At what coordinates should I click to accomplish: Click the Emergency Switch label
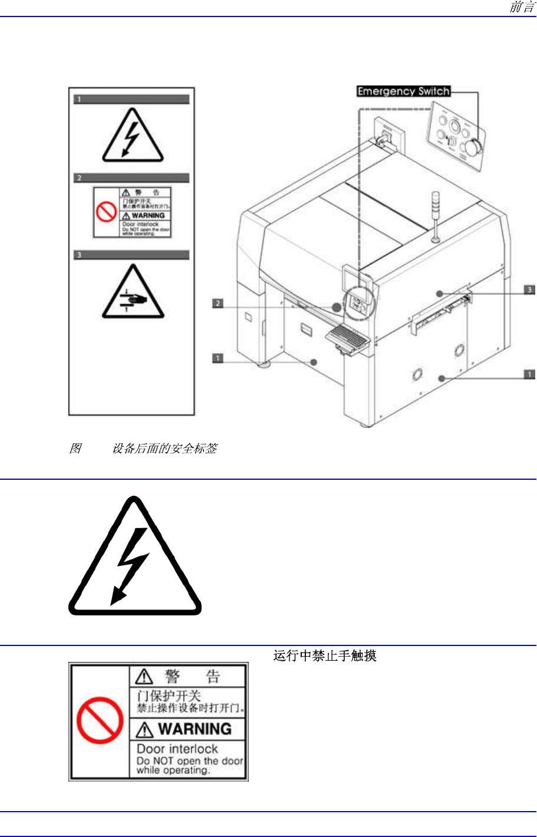[404, 91]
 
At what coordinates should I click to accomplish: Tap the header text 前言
[522, 8]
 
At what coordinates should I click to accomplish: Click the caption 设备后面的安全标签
[164, 449]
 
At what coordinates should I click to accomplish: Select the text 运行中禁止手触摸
[325, 655]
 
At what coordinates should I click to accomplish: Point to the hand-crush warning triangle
[133, 293]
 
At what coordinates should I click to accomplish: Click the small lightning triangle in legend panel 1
[132, 137]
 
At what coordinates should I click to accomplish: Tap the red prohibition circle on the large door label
[100, 720]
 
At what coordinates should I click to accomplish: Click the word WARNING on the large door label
[195, 729]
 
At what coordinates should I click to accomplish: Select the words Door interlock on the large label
[177, 749]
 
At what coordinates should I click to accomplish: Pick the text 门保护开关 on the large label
[169, 696]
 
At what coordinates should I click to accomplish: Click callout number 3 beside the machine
[529, 289]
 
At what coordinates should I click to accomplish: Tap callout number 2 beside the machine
[218, 303]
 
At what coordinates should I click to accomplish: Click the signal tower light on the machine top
[436, 206]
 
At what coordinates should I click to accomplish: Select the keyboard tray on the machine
[347, 339]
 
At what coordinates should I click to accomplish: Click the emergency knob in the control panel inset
[472, 147]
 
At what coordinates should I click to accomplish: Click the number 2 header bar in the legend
[131, 178]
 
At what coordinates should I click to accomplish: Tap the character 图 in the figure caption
[75, 449]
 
